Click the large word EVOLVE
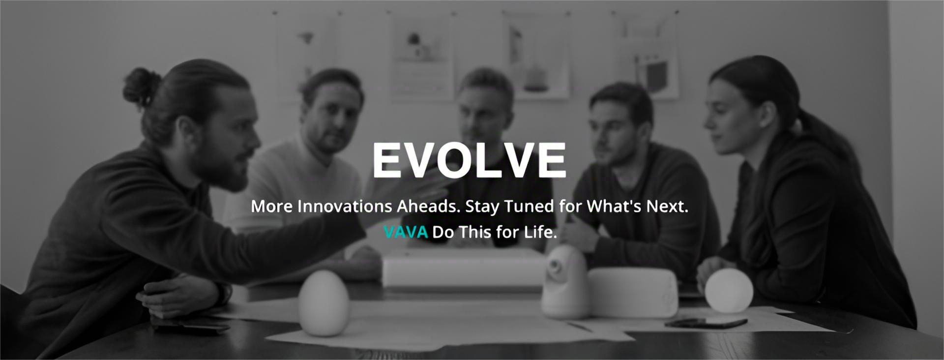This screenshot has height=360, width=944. click(469, 160)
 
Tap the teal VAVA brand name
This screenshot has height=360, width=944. click(406, 232)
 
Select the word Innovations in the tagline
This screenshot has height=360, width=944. click(345, 206)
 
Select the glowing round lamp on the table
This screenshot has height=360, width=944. click(729, 290)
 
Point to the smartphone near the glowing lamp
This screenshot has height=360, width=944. click(706, 322)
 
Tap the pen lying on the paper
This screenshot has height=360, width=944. click(580, 326)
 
